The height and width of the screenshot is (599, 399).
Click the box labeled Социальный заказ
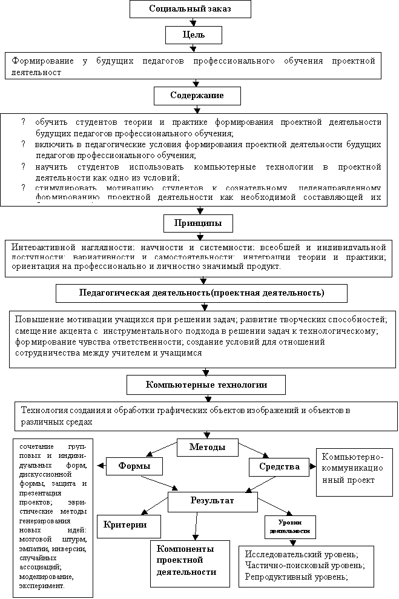(190, 9)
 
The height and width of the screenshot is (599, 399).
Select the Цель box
(194, 36)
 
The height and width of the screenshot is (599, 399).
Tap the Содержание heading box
(197, 96)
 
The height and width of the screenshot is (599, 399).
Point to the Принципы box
(198, 223)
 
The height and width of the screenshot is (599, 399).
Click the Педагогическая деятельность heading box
(202, 293)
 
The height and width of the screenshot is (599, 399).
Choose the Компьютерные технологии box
(206, 385)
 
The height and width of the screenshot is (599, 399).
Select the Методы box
(207, 448)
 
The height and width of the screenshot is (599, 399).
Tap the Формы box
(134, 466)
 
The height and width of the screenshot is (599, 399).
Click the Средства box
(279, 467)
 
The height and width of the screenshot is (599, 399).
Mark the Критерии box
(130, 525)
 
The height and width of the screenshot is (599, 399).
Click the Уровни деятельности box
(290, 526)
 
